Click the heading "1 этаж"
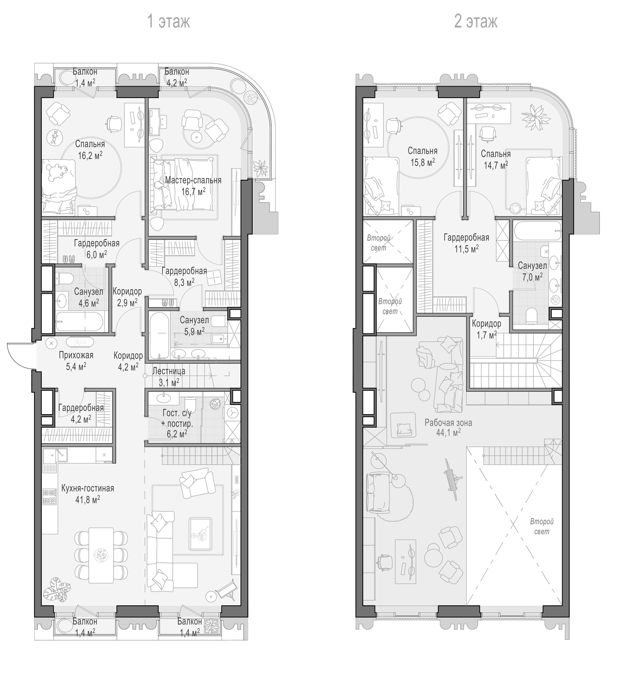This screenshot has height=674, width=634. [168, 21]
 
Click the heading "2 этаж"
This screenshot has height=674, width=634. [475, 21]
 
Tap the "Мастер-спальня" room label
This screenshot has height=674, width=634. [193, 180]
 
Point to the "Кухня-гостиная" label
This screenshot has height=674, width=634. [88, 488]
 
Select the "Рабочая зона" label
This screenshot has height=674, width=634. [448, 423]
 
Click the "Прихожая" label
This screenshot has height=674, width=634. [76, 355]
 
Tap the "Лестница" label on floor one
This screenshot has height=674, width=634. [169, 371]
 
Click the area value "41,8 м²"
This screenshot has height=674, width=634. [88, 499]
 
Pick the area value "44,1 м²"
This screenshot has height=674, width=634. [448, 433]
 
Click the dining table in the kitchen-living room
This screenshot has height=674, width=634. [101, 555]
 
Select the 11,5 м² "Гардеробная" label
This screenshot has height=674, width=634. [466, 238]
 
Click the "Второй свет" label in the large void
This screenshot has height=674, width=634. [542, 527]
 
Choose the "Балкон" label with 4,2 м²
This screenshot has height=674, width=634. [177, 72]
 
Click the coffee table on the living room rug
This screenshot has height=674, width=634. [200, 533]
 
